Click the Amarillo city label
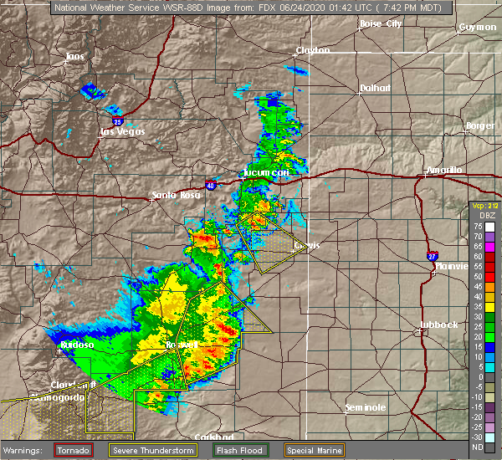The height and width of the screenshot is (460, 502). (443, 170)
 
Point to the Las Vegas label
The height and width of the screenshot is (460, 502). (122, 131)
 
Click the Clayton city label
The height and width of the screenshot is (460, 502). (311, 50)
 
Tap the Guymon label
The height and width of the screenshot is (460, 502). (477, 28)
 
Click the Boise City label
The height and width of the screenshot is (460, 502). (381, 23)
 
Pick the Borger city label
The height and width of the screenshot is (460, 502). (480, 125)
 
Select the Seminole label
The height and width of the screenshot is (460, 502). (365, 407)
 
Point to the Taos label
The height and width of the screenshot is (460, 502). (75, 56)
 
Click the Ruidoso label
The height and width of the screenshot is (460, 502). (76, 344)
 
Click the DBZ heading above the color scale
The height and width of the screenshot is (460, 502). (476, 216)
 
